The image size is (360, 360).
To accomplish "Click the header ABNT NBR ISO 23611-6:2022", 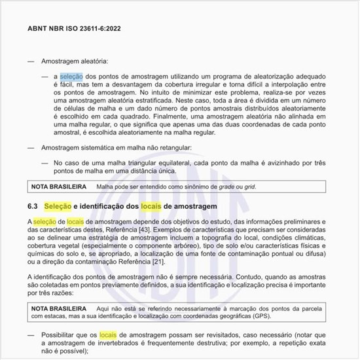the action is pos(73,29).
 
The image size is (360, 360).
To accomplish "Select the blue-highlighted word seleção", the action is pos(71,77).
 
